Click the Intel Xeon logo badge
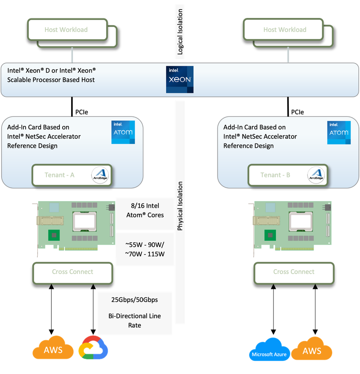(180, 79)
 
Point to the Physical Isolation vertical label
(180, 206)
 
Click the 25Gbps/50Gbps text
(135, 299)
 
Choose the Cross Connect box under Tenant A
(72, 272)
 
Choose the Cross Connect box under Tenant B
(293, 272)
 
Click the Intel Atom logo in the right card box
(338, 132)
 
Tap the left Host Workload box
(66, 30)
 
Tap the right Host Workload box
(284, 30)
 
